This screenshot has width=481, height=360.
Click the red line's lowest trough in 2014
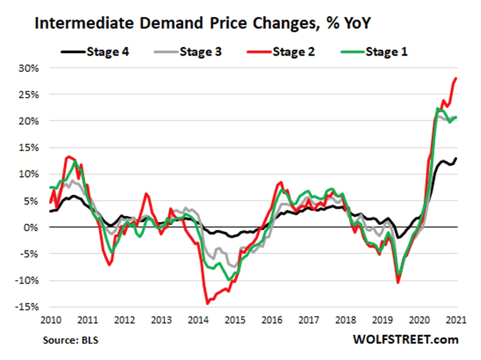(208, 303)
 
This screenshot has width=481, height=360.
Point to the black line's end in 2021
(456, 158)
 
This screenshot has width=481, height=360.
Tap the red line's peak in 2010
(69, 157)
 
